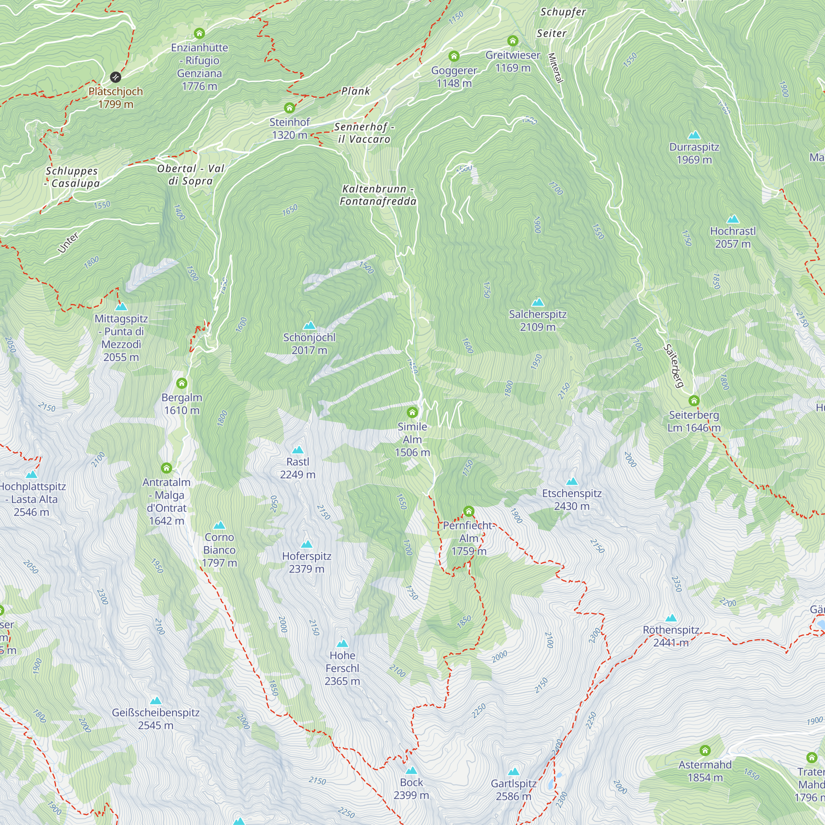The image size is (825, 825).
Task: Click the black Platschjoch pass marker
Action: click(x=115, y=77)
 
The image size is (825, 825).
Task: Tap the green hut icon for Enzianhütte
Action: click(x=199, y=33)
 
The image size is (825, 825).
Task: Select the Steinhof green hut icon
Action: click(x=290, y=108)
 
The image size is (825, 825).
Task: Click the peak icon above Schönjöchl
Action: click(x=309, y=325)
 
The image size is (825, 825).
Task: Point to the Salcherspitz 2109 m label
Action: click(x=537, y=320)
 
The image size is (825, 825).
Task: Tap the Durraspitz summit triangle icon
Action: click(x=694, y=135)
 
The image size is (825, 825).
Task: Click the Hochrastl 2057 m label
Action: click(x=733, y=238)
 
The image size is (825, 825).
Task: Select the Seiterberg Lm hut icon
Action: click(x=694, y=401)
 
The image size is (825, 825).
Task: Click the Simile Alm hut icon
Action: click(x=412, y=412)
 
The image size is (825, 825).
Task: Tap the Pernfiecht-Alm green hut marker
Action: click(x=469, y=511)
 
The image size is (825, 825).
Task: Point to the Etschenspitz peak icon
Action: click(x=572, y=482)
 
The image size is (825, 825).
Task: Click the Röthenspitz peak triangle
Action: click(x=671, y=618)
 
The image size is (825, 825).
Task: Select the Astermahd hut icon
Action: click(x=705, y=750)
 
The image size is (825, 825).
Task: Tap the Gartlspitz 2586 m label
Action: click(x=513, y=790)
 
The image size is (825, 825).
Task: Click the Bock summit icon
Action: click(x=411, y=770)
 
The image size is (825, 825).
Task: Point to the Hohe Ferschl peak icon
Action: click(x=342, y=643)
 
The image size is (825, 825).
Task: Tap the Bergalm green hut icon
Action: click(x=182, y=383)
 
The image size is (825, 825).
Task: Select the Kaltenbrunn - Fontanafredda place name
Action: click(x=378, y=195)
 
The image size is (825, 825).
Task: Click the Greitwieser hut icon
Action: click(x=512, y=40)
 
